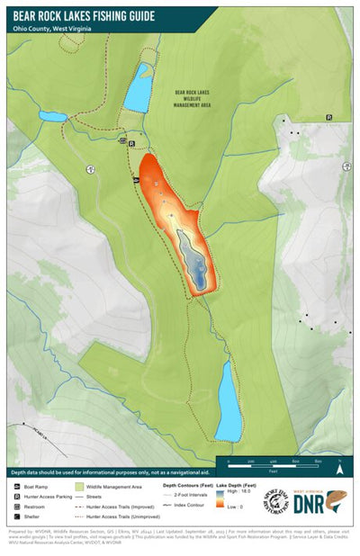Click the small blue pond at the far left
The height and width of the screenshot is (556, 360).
point(52,116)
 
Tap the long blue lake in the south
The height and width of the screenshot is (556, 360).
point(229,400)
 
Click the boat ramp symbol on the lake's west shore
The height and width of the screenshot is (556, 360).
point(136,181)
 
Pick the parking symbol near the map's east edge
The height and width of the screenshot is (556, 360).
point(328,117)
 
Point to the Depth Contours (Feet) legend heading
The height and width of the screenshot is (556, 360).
point(188,485)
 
